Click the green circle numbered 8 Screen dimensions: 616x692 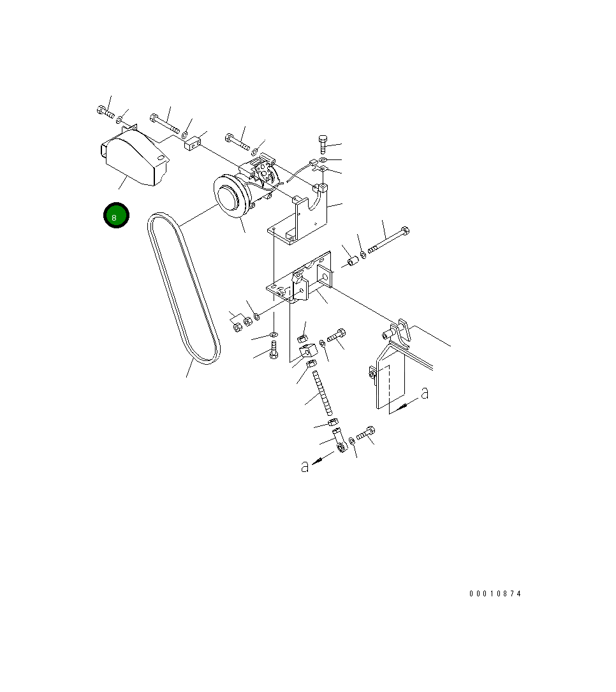116,216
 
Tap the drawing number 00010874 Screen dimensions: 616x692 495,594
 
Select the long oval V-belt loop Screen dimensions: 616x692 184,288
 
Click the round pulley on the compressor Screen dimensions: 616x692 231,196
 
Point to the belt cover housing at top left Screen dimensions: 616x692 135,156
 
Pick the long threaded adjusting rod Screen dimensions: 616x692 323,393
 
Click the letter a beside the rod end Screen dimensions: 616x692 304,466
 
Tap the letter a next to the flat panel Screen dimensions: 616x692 425,392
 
